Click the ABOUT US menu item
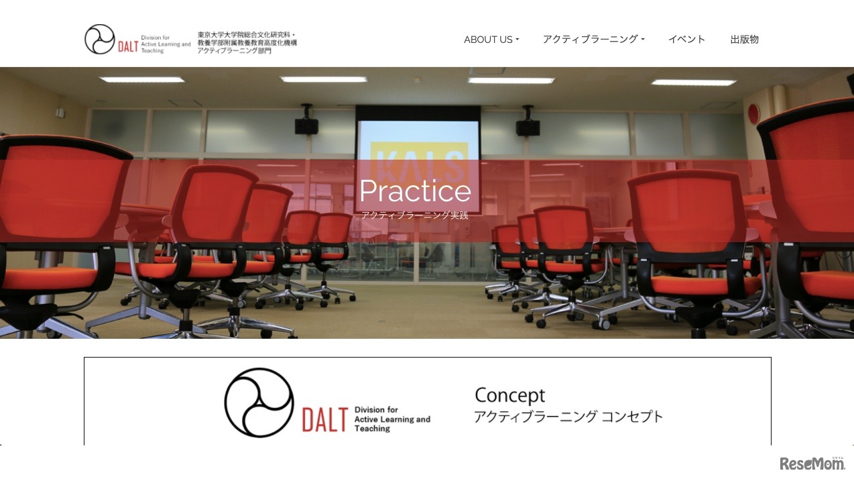click(491, 40)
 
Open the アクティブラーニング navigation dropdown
click(593, 40)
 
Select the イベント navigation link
click(686, 40)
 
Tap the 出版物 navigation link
click(744, 40)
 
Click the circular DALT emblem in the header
click(100, 40)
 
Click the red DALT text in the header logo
click(127, 46)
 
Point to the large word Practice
click(415, 191)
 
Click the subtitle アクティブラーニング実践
click(414, 215)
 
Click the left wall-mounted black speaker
click(306, 125)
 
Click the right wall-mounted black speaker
click(528, 126)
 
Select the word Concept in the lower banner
click(509, 395)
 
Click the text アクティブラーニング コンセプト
click(568, 417)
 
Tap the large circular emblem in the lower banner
click(259, 403)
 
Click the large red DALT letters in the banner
click(324, 419)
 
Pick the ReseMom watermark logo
click(812, 464)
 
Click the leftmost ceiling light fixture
click(142, 80)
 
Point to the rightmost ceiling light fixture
click(693, 83)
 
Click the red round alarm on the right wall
click(753, 114)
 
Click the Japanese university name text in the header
click(247, 42)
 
